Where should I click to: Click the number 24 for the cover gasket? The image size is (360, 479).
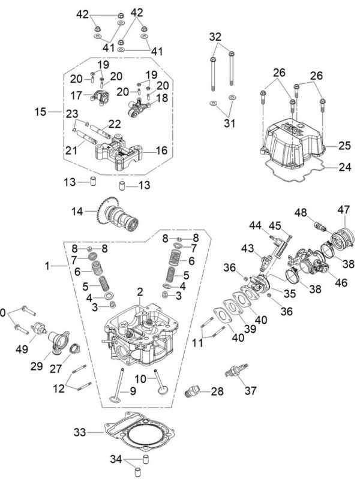[x=344, y=168]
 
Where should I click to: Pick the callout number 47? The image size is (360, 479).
[x=343, y=210]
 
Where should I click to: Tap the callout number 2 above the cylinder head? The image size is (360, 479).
[x=139, y=292]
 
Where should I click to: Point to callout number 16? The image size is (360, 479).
[x=161, y=152]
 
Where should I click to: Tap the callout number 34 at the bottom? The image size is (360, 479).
[x=116, y=460]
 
